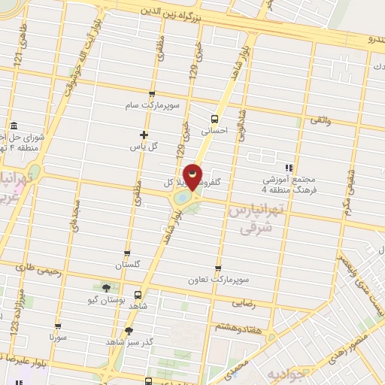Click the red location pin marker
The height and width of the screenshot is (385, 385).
193,177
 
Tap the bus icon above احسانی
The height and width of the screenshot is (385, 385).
216,119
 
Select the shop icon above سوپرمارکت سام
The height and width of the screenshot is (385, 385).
153,95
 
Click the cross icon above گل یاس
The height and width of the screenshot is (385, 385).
144,135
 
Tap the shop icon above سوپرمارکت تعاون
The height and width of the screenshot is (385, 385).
218,268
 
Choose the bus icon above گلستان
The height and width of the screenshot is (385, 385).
126,253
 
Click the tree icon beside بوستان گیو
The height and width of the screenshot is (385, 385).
105,287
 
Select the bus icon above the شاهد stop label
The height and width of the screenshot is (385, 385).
138,295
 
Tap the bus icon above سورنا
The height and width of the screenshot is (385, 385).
56,326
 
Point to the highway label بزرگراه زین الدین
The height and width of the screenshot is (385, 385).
185,13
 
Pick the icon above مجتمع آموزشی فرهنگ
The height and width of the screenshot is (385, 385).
289,167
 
